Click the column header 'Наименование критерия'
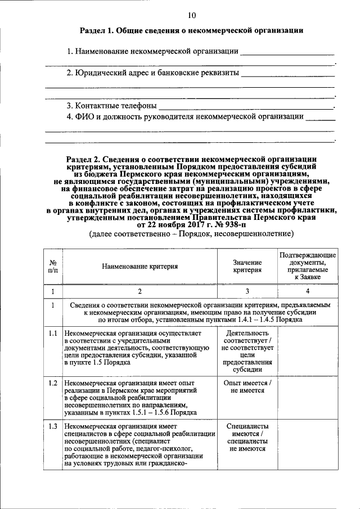tap(140, 266)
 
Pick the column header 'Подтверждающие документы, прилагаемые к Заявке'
tap(307, 266)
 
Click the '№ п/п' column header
tap(52, 266)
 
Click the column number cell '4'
tap(307, 291)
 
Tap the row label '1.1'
tap(52, 334)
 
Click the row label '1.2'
tap(52, 384)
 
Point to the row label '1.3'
tap(52, 426)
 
